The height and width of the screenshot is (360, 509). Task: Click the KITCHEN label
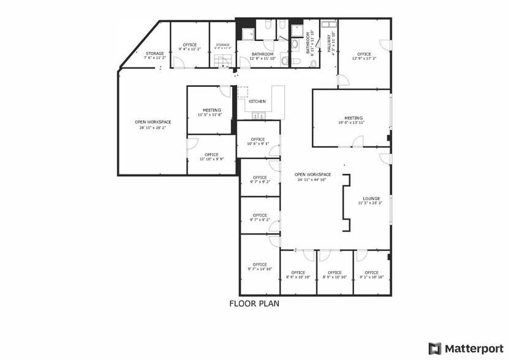pyautogui.click(x=257, y=101)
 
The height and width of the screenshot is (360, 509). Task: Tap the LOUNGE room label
pyautogui.click(x=371, y=198)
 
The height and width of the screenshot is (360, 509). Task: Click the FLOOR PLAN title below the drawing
pyautogui.click(x=255, y=303)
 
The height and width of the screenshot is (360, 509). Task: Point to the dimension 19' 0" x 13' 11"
pyautogui.click(x=353, y=123)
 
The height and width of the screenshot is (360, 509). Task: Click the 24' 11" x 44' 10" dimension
pyautogui.click(x=313, y=180)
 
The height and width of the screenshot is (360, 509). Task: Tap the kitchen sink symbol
pyautogui.click(x=258, y=114)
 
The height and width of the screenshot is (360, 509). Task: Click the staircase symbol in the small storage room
pyautogui.click(x=222, y=60)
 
